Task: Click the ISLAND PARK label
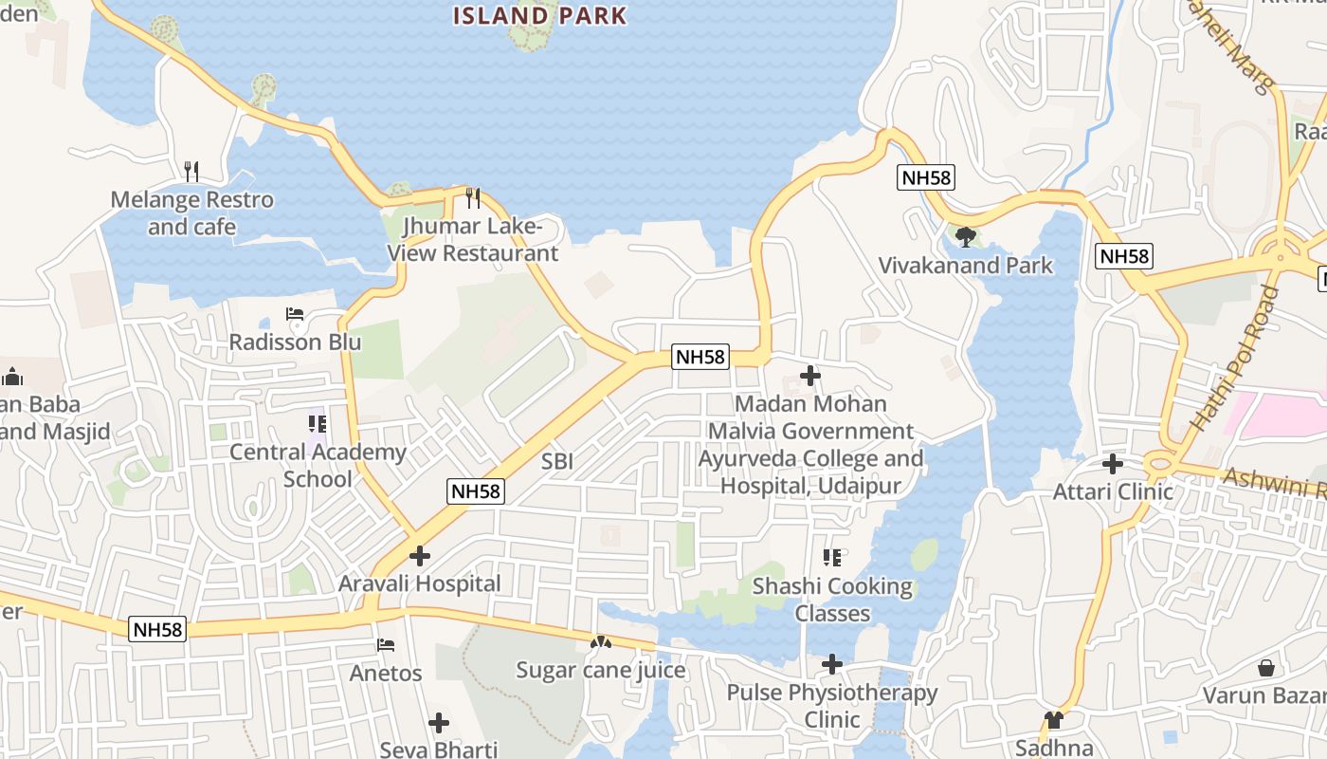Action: pyautogui.click(x=539, y=15)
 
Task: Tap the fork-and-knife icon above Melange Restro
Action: pyautogui.click(x=191, y=172)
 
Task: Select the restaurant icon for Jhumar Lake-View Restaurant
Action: pyautogui.click(x=472, y=198)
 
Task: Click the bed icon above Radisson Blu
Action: pyautogui.click(x=295, y=314)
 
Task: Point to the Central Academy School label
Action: pyautogui.click(x=318, y=465)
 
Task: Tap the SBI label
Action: pyautogui.click(x=557, y=462)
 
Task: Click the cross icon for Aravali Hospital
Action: pyautogui.click(x=420, y=556)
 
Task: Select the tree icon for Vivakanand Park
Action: pyautogui.click(x=966, y=236)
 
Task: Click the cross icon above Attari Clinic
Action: pyautogui.click(x=1113, y=464)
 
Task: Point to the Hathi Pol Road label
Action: pyautogui.click(x=1237, y=359)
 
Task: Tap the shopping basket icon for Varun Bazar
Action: pyautogui.click(x=1265, y=668)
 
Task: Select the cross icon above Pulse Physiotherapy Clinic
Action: pyautogui.click(x=832, y=664)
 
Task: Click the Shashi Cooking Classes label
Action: pyautogui.click(x=832, y=600)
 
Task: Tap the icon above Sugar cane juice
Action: pyautogui.click(x=600, y=642)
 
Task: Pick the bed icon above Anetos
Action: pyautogui.click(x=386, y=645)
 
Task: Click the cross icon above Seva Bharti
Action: pyautogui.click(x=439, y=723)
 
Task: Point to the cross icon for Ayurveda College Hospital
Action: pyautogui.click(x=810, y=376)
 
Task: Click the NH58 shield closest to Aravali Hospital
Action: pyautogui.click(x=476, y=491)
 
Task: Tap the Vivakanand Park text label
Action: pyautogui.click(x=965, y=266)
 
